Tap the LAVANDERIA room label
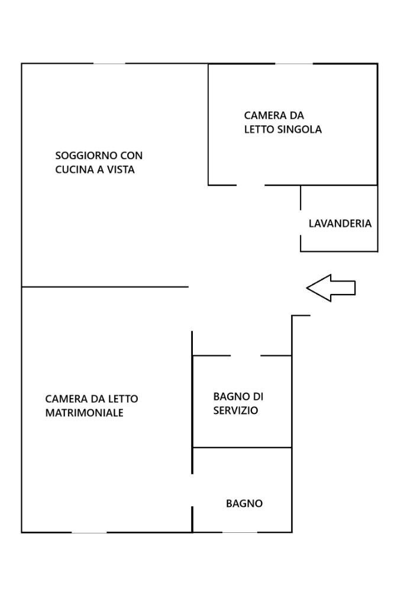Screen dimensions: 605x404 (x=340, y=224)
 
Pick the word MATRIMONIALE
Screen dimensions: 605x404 (x=84, y=413)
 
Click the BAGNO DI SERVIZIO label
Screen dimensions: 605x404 (x=238, y=403)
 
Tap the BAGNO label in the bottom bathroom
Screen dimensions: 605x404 (x=244, y=504)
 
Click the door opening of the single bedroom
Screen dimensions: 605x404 (x=250, y=185)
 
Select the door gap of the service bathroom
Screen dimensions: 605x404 (x=245, y=355)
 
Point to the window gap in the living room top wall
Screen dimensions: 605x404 (x=109, y=63)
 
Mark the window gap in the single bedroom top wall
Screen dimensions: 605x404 (x=294, y=63)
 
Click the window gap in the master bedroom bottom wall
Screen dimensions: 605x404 (x=89, y=532)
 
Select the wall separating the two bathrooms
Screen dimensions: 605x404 (x=243, y=448)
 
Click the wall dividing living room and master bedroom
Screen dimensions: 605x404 (x=105, y=287)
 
